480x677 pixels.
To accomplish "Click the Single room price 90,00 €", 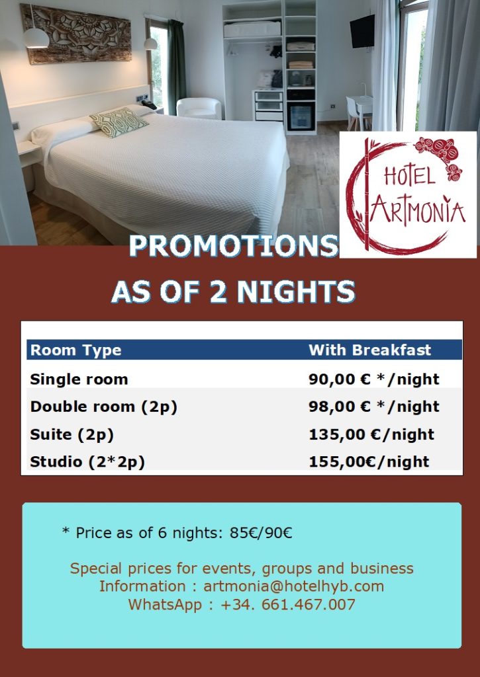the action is pyautogui.click(x=340, y=379).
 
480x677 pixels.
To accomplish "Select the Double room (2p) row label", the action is pyautogui.click(x=104, y=407).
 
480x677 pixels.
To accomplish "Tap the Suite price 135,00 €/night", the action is pyautogui.click(x=371, y=434).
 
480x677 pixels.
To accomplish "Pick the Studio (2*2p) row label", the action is pyautogui.click(x=87, y=462).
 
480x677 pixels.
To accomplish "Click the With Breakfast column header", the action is pyautogui.click(x=369, y=350).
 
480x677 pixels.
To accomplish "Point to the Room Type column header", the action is pyautogui.click(x=75, y=350).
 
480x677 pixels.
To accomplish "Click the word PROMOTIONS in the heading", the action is pyautogui.click(x=233, y=246).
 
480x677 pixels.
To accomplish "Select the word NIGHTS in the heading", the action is pyautogui.click(x=296, y=291).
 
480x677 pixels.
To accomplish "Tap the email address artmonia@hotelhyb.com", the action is pyautogui.click(x=293, y=586).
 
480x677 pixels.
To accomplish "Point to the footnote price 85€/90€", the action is pyautogui.click(x=261, y=533).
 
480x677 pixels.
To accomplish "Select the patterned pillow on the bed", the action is pyautogui.click(x=119, y=122).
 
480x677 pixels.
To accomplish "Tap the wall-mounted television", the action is pyautogui.click(x=362, y=31).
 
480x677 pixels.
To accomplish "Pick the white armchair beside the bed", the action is pyautogui.click(x=199, y=108).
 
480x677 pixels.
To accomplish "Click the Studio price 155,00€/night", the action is pyautogui.click(x=369, y=462).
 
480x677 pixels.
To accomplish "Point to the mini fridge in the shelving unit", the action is pyautogui.click(x=301, y=116).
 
